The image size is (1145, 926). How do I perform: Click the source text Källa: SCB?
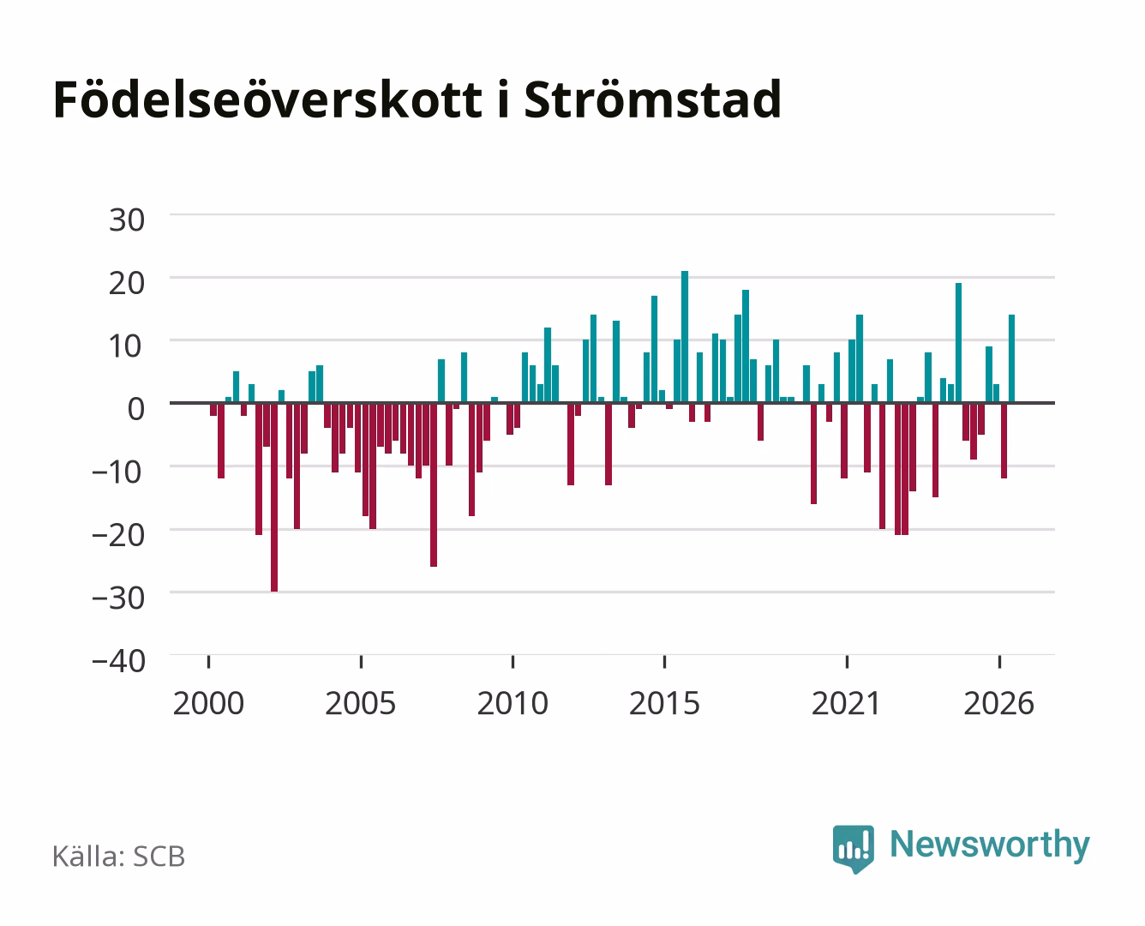(118, 856)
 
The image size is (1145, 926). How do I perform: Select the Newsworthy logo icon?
(853, 849)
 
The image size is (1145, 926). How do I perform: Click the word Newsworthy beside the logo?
(990, 845)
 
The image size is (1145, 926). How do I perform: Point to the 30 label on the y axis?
(127, 220)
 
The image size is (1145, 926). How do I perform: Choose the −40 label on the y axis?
(119, 661)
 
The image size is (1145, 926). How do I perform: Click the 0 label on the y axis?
(136, 409)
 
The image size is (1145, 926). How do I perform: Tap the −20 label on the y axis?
(119, 535)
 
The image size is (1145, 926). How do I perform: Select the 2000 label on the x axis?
(208, 703)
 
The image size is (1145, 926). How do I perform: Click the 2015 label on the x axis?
(664, 703)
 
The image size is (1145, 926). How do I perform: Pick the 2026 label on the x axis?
(998, 703)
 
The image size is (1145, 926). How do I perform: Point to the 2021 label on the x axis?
(846, 703)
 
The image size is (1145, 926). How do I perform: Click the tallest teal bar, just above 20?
(684, 337)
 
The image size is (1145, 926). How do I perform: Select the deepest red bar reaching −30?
(274, 497)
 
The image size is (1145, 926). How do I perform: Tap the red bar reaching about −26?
(434, 484)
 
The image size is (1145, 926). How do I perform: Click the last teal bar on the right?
(1011, 358)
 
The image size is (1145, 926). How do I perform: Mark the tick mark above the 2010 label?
(513, 662)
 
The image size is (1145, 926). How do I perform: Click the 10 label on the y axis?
(127, 346)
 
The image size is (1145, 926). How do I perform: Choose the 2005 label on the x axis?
(361, 703)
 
